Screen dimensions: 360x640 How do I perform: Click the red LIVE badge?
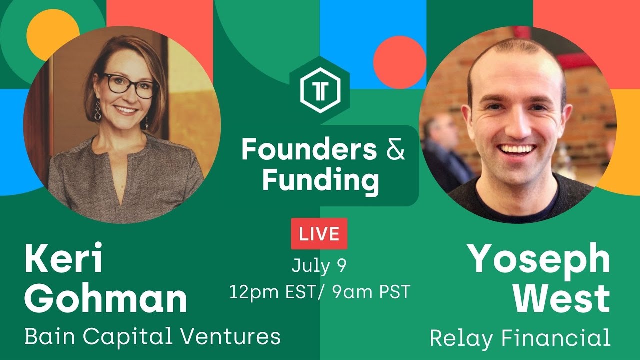click(319, 234)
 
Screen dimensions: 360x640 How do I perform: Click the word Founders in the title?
click(309, 150)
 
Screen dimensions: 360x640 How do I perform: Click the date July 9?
click(319, 265)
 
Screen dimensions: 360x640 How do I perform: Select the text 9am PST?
click(370, 292)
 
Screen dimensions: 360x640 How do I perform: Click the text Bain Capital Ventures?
click(152, 336)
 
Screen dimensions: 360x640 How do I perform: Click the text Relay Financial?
click(520, 338)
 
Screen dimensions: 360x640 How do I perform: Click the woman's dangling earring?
click(98, 111)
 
